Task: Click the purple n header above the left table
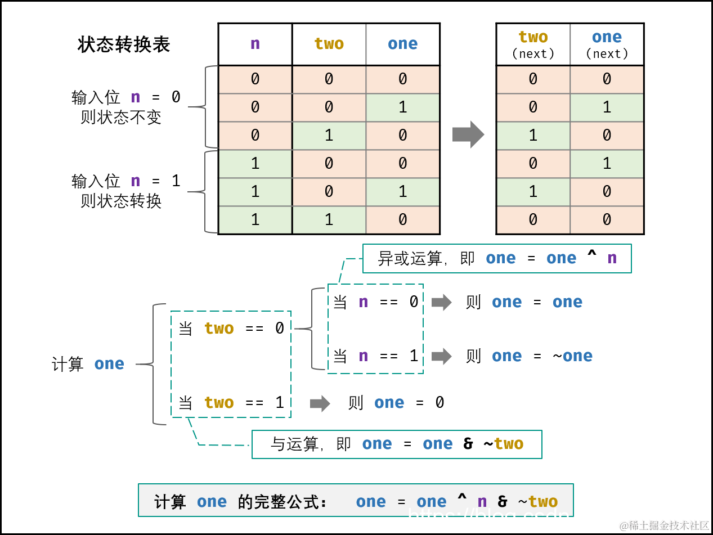[x=255, y=44]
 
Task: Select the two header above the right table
[x=533, y=37]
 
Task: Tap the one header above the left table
[x=402, y=44]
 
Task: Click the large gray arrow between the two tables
[x=468, y=134]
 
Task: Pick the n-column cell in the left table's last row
[x=255, y=219]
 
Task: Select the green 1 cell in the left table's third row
[x=329, y=136]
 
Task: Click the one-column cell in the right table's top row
[x=607, y=79]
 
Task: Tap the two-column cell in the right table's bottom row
[x=533, y=219]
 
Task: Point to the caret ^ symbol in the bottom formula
[x=461, y=500]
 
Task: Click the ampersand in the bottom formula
[x=503, y=501]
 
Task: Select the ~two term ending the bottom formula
[x=537, y=501]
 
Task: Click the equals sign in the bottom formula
[x=401, y=502]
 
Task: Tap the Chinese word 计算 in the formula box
[x=170, y=502]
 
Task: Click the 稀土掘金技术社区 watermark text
[x=662, y=525]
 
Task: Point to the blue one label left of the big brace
[x=109, y=364]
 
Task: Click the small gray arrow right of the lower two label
[x=320, y=403]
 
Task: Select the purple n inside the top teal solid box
[x=612, y=258]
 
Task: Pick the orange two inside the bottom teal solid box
[x=509, y=444]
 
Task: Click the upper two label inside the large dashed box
[x=219, y=329]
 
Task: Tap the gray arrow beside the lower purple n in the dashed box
[x=442, y=356]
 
